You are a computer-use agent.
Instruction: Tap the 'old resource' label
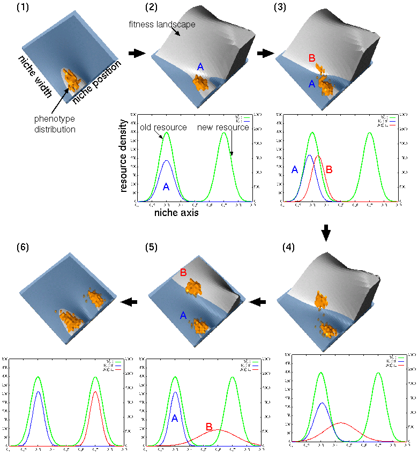tap(163, 128)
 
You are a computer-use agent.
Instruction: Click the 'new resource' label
tap(223, 128)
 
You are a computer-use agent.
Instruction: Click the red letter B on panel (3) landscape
tap(312, 57)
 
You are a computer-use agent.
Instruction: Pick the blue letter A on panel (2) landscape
tap(200, 66)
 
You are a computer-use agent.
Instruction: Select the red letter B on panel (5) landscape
tap(183, 273)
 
